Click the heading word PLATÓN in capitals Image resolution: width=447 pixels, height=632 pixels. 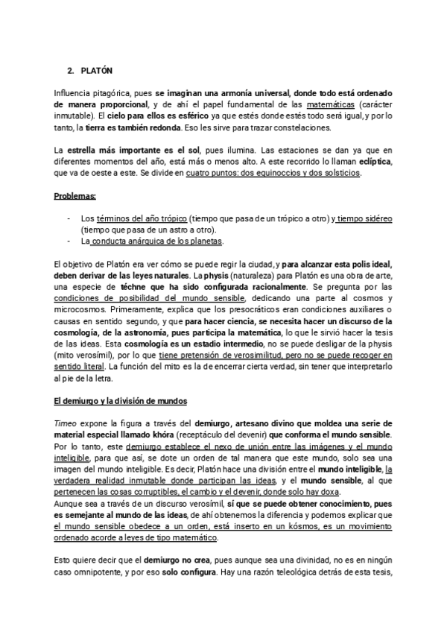tap(96, 71)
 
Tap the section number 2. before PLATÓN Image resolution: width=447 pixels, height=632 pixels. tap(71, 71)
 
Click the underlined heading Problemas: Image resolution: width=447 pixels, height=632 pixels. tap(74, 196)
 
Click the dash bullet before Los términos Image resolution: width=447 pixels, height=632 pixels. tap(69, 218)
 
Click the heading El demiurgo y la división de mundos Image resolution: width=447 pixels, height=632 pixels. tap(125, 401)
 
